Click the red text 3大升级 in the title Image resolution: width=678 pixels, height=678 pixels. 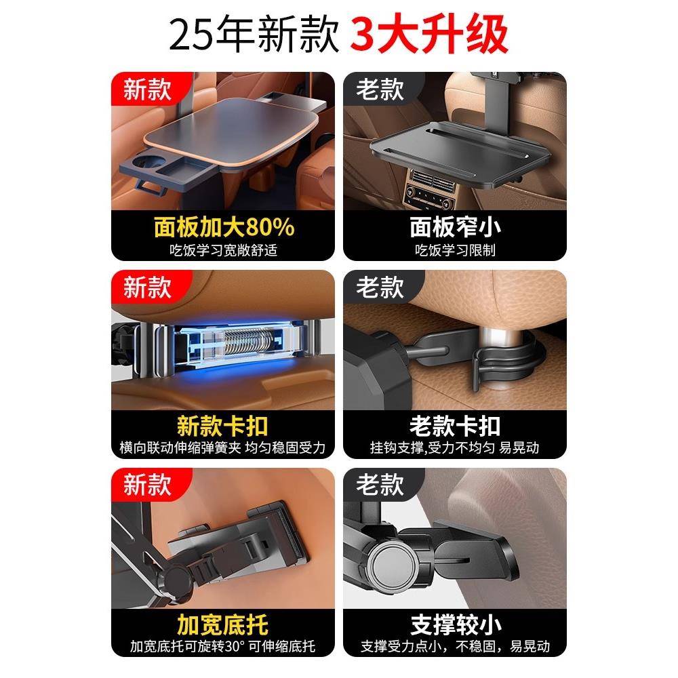pyautogui.click(x=429, y=35)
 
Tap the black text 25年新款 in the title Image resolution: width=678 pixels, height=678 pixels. pyautogui.click(x=254, y=35)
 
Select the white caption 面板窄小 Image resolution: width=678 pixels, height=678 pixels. pyautogui.click(x=455, y=227)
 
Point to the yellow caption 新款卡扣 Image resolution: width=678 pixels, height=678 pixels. pyautogui.click(x=223, y=426)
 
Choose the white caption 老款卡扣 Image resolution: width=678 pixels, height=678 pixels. pyautogui.click(x=455, y=426)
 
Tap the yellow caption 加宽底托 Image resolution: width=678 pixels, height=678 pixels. pyautogui.click(x=223, y=624)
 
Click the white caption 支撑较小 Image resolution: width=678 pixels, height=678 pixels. pyautogui.click(x=455, y=624)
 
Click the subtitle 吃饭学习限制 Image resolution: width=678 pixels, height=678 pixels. pyautogui.click(x=455, y=250)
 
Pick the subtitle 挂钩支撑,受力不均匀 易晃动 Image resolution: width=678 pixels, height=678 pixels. pyautogui.click(x=455, y=448)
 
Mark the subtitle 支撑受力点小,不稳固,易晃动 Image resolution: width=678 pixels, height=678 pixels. pyautogui.click(x=455, y=646)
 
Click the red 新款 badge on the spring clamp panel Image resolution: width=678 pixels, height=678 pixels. pyautogui.click(x=147, y=287)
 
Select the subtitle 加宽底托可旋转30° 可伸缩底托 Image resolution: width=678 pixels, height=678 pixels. pyautogui.click(x=223, y=646)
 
